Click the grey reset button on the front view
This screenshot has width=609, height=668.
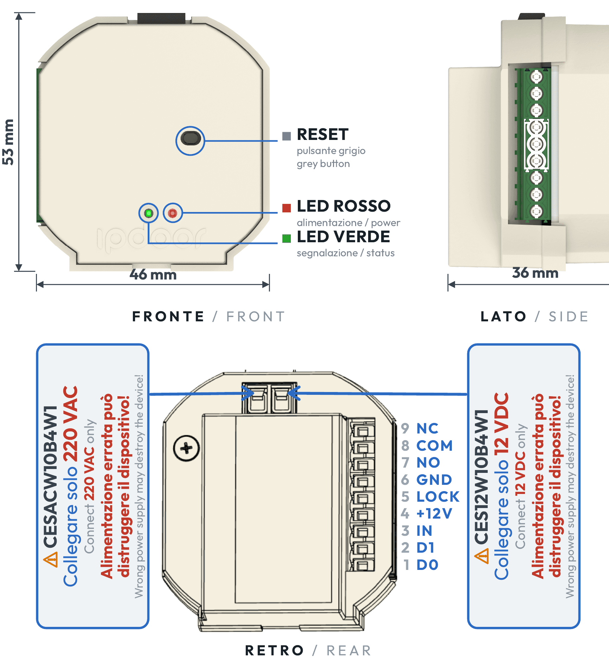(x=190, y=138)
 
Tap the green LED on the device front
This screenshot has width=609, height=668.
(x=149, y=213)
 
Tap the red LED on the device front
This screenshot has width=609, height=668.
(x=172, y=213)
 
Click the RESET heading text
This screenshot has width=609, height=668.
(x=322, y=134)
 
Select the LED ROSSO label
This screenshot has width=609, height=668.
(x=344, y=206)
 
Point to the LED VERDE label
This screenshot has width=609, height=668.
(x=343, y=237)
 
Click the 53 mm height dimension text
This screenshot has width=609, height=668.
(x=8, y=142)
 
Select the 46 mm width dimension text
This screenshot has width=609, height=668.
(x=153, y=274)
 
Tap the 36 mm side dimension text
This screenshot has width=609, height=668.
(x=535, y=273)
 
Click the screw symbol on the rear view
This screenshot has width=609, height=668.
(x=186, y=448)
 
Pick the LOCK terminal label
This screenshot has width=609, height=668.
(x=438, y=496)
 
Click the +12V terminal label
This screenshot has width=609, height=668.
(x=434, y=514)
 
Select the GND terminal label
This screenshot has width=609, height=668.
(x=434, y=480)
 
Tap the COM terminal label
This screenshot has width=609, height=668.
(x=434, y=445)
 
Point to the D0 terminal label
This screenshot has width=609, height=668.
(x=427, y=565)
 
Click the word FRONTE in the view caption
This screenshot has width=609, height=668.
(x=168, y=316)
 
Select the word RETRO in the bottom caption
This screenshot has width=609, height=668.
(x=274, y=650)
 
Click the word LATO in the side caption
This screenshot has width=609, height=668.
(x=503, y=316)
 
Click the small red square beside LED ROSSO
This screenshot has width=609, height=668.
(x=287, y=208)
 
